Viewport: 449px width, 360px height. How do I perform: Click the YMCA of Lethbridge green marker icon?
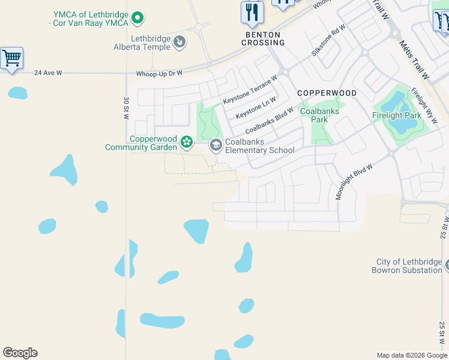point(137,18)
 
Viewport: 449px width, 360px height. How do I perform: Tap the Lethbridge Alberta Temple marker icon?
point(179,42)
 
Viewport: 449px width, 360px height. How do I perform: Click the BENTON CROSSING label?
point(263,39)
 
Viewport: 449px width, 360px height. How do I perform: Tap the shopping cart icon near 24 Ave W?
point(11,58)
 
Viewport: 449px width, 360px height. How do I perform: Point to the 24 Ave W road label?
point(48,73)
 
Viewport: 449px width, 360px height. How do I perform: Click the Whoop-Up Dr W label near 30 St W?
point(159,73)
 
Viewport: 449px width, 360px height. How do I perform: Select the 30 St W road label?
point(127,109)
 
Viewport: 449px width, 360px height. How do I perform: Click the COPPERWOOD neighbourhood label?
point(327,94)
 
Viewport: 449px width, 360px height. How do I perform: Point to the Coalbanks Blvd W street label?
point(270,121)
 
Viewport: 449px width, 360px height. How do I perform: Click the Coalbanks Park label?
point(319,115)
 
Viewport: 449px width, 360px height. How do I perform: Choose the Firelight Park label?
point(396,115)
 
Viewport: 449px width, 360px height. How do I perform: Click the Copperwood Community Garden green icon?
point(187,142)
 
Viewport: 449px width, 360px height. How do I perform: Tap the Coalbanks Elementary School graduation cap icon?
point(215,145)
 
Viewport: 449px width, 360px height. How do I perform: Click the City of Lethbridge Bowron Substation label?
point(409,266)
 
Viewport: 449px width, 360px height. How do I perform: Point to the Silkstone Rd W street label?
point(328,40)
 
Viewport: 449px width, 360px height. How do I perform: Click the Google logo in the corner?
point(20,353)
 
